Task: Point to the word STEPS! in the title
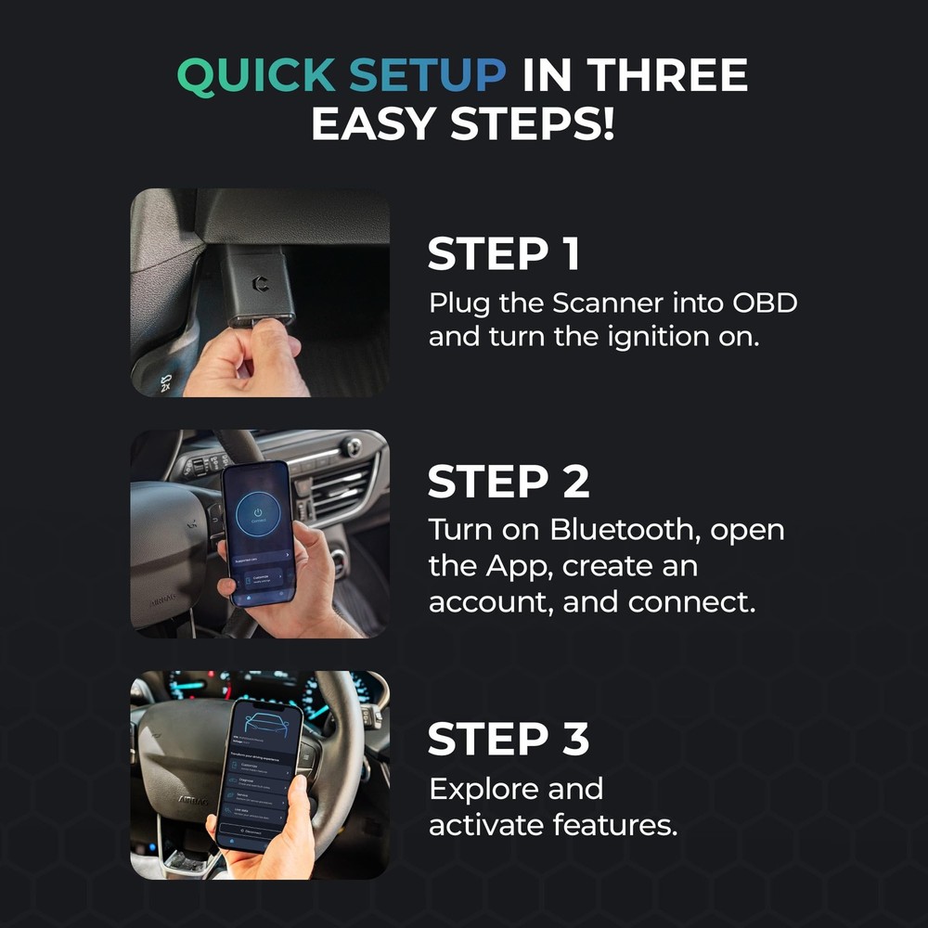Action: pos(532,123)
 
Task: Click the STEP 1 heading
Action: pos(504,255)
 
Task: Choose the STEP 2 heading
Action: pos(508,482)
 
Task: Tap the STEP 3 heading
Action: pos(508,739)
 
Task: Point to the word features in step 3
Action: pos(614,825)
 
